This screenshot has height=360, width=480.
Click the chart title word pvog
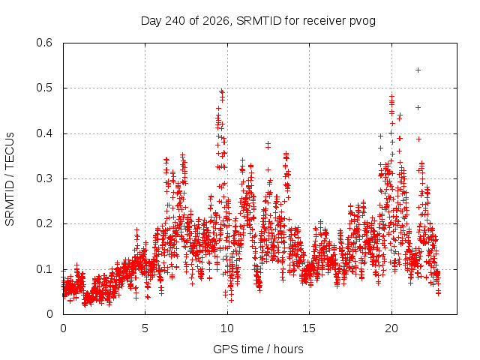pyautogui.click(x=362, y=21)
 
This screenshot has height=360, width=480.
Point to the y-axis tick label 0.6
pyautogui.click(x=44, y=43)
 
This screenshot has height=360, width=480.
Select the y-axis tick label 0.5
pyautogui.click(x=44, y=88)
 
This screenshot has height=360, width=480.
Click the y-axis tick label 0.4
pyautogui.click(x=44, y=133)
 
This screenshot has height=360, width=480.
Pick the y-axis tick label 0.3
pyautogui.click(x=44, y=178)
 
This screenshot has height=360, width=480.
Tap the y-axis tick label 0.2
pyautogui.click(x=44, y=223)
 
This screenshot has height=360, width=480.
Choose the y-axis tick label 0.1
pyautogui.click(x=44, y=269)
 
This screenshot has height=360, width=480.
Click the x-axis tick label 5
pyautogui.click(x=145, y=328)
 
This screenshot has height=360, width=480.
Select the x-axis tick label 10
pyautogui.click(x=227, y=328)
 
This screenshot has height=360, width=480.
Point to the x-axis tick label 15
pyautogui.click(x=309, y=328)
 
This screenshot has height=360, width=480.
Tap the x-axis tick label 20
pyautogui.click(x=391, y=328)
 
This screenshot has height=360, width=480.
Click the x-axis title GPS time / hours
pyautogui.click(x=258, y=349)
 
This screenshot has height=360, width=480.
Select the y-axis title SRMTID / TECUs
pyautogui.click(x=10, y=179)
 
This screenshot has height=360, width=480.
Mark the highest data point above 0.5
pyautogui.click(x=418, y=70)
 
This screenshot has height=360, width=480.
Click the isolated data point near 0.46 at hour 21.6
pyautogui.click(x=418, y=107)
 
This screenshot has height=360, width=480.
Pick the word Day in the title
pyautogui.click(x=151, y=21)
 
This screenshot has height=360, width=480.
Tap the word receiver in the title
pyautogui.click(x=325, y=21)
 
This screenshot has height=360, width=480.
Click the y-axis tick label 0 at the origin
pyautogui.click(x=49, y=314)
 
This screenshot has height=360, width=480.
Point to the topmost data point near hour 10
pyautogui.click(x=222, y=91)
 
